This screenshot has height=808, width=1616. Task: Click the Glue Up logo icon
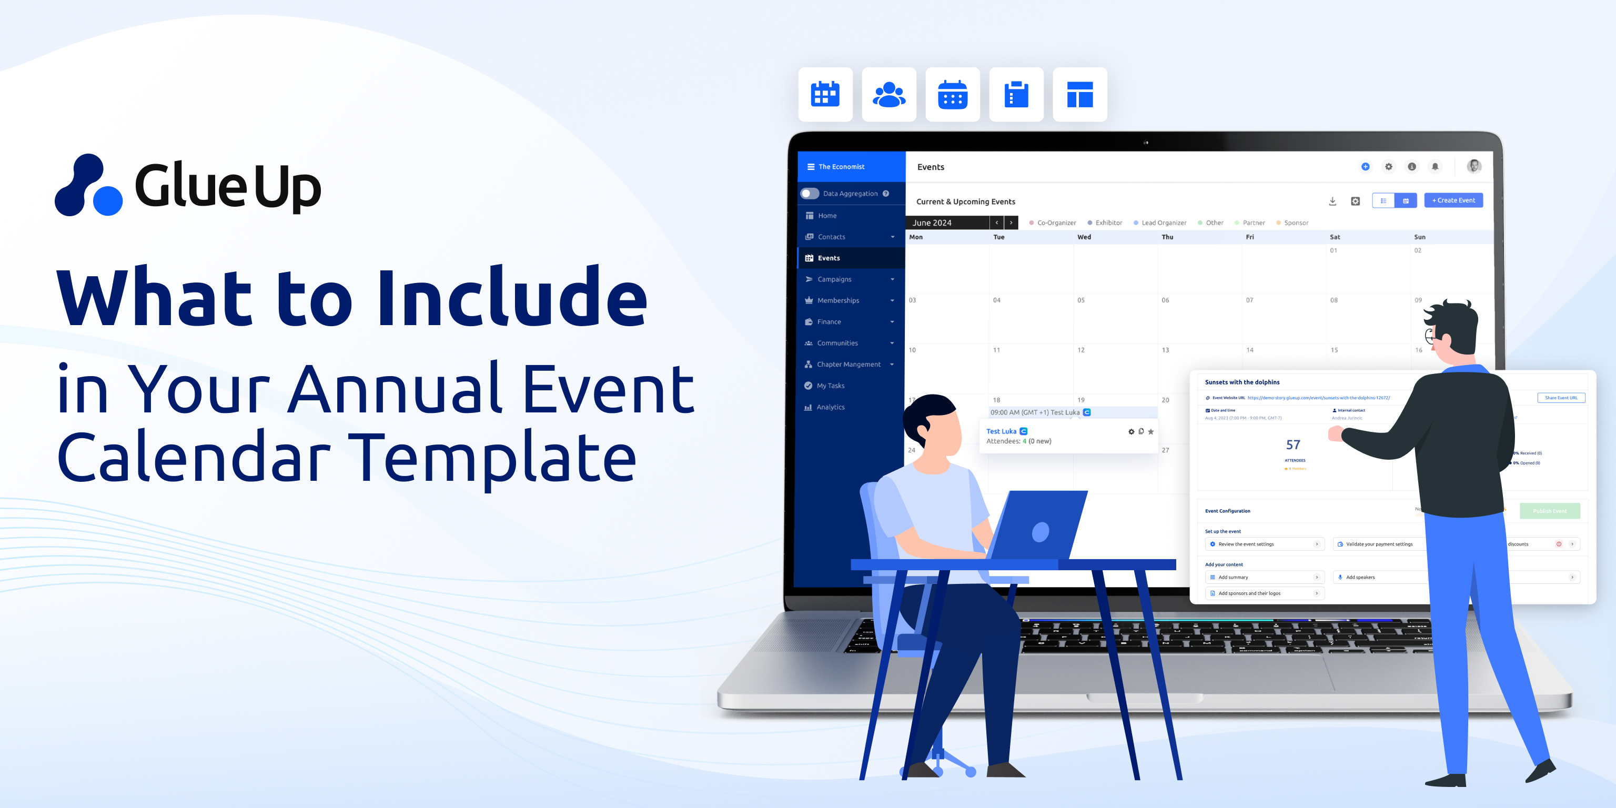click(88, 186)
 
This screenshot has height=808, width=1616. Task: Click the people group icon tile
click(889, 95)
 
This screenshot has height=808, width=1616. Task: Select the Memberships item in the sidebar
click(838, 300)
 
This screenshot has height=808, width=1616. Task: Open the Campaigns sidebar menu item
click(834, 279)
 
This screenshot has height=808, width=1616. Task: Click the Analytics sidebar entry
click(830, 407)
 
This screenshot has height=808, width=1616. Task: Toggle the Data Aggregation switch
click(810, 194)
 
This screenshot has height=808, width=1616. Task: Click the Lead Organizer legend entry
click(1163, 223)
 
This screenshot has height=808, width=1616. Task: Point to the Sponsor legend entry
click(1296, 223)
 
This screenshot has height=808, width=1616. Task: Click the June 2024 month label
click(932, 223)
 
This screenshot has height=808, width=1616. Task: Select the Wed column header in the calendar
click(1084, 237)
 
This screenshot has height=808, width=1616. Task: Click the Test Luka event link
click(1001, 431)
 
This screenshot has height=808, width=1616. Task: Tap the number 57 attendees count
click(1293, 445)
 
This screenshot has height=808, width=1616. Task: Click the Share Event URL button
click(1561, 398)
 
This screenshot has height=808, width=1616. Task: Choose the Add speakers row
click(1360, 577)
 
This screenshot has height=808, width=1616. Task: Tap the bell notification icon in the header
click(1435, 167)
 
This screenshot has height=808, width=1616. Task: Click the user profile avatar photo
click(1474, 166)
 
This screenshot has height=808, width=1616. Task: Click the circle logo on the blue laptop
click(1040, 532)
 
